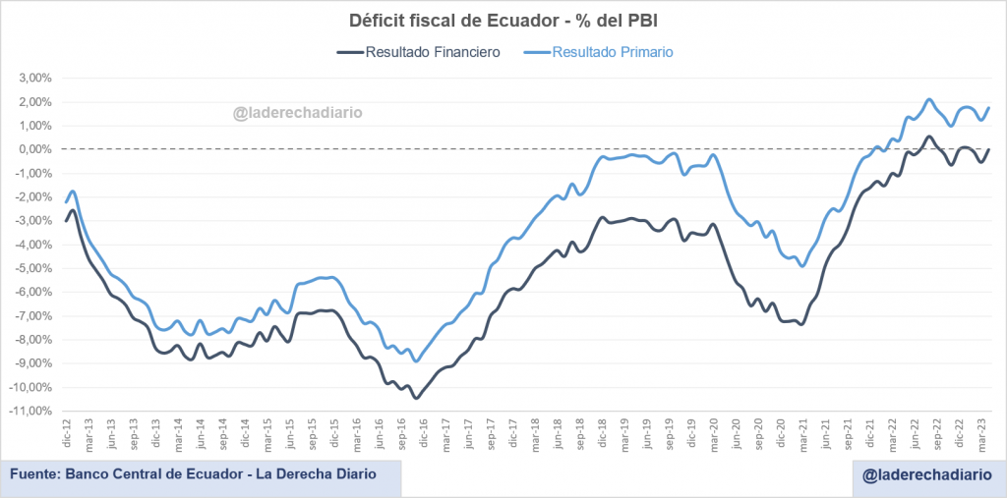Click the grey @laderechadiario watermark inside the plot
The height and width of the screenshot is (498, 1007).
coord(298,113)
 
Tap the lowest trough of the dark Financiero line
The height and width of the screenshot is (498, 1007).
coord(417,398)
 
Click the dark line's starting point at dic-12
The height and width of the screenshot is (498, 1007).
coord(66,220)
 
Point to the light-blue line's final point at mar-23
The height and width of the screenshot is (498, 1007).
coord(988,108)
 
